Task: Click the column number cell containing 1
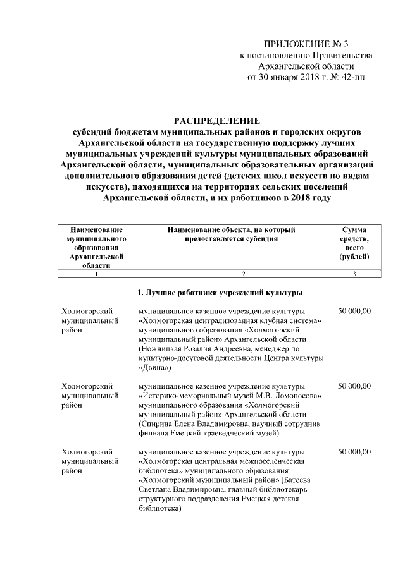(x=96, y=274)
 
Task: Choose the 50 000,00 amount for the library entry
(x=354, y=452)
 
